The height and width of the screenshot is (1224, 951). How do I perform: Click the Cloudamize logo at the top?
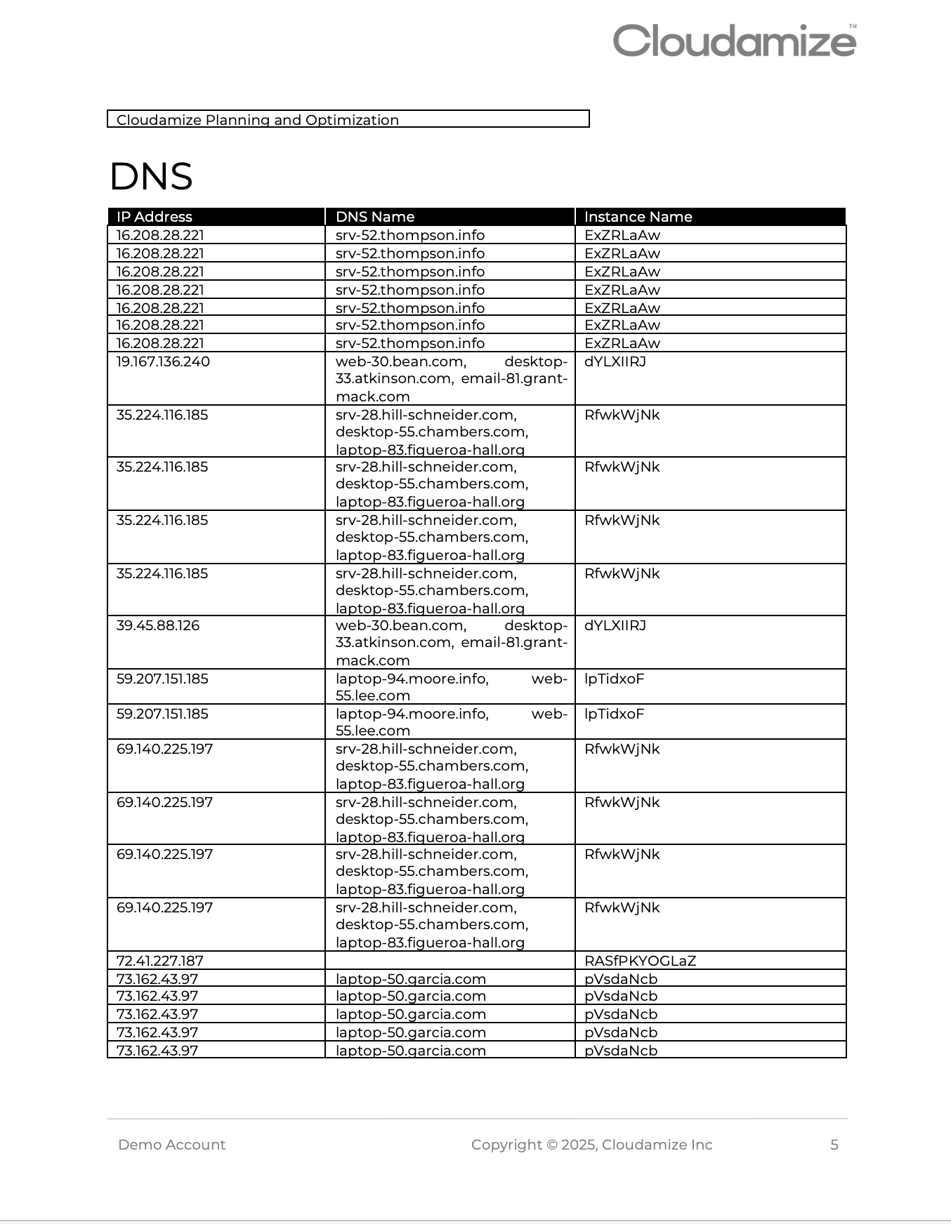click(734, 41)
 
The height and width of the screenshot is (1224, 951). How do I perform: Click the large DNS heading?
click(151, 176)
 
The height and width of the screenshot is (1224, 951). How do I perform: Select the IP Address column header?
click(155, 217)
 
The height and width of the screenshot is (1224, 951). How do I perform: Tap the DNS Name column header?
click(375, 217)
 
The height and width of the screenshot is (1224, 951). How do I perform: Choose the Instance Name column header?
click(638, 217)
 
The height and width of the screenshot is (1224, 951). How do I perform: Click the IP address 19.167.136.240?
click(163, 361)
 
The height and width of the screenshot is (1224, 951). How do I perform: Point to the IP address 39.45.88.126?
click(158, 625)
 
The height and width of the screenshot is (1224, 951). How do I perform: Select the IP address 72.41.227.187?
click(159, 961)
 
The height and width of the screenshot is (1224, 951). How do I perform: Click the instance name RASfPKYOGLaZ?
click(640, 961)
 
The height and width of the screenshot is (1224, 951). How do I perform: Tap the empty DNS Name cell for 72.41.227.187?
click(450, 961)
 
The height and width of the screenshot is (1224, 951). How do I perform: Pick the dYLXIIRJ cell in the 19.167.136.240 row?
click(615, 361)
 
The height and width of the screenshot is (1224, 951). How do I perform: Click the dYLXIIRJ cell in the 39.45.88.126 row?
click(615, 625)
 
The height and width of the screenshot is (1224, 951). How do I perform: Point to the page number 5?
click(834, 1145)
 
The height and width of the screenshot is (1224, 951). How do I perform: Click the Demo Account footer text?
click(172, 1145)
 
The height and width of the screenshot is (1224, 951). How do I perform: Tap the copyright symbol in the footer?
click(551, 1145)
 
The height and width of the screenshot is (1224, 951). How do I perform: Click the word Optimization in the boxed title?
click(352, 120)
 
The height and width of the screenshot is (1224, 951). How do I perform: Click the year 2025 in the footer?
click(579, 1145)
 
